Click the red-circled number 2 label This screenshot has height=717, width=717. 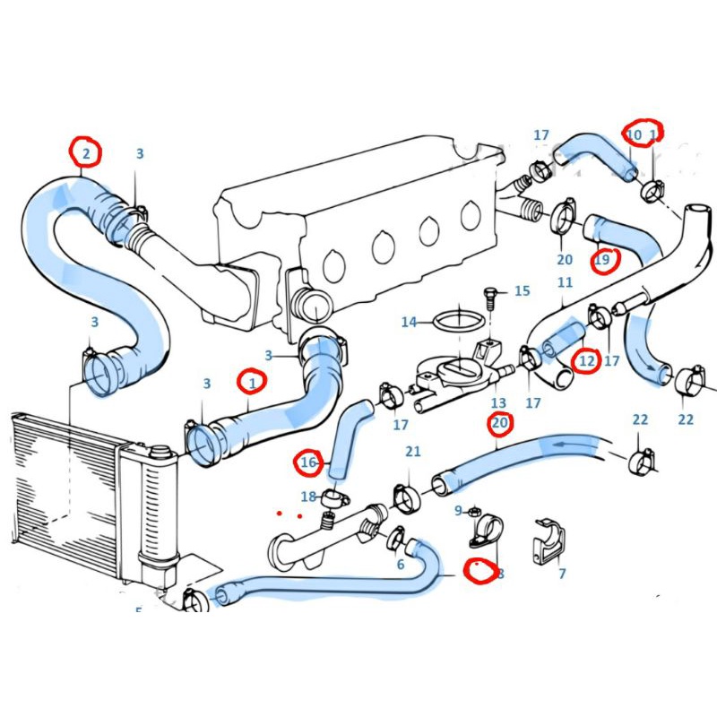point(86,153)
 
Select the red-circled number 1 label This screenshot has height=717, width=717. point(253,383)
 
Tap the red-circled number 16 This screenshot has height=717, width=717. point(309,462)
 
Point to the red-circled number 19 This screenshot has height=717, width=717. point(603,260)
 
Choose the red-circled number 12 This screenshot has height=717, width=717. point(587,361)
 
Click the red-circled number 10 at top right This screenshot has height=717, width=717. point(635,135)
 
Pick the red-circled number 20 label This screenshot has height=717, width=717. point(499,422)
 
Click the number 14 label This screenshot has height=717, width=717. point(409,322)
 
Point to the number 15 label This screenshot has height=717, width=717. point(522,291)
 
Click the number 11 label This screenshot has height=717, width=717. point(565,282)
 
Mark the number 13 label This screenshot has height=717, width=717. point(498,403)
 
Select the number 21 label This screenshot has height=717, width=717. point(412,451)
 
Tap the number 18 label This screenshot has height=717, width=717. point(308,497)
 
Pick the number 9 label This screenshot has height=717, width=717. point(458,511)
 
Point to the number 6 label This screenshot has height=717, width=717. point(401,564)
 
